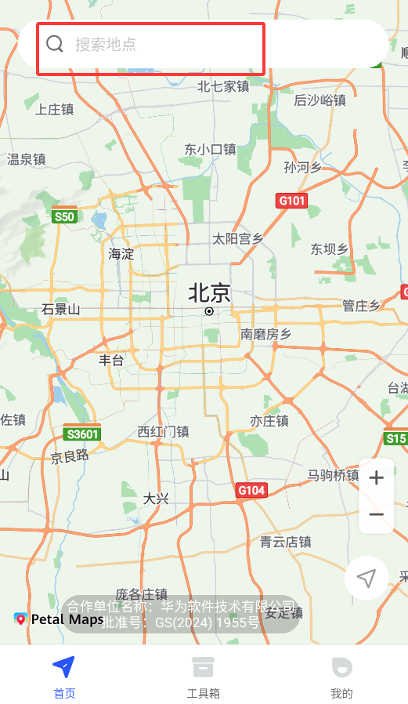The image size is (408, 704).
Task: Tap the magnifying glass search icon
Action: coord(54,44)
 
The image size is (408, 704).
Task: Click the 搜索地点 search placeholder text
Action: coord(106,45)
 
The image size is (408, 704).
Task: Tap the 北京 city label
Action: coord(209,293)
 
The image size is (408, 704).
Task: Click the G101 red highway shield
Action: coord(292,201)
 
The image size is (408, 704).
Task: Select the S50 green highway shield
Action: coord(64,216)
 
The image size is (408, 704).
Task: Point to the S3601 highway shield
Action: coord(82,433)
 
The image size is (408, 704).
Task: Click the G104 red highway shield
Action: coord(251,490)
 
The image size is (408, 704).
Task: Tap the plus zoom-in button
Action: coord(376,477)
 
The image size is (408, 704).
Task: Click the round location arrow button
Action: coord(366,579)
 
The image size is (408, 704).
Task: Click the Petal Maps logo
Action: coord(59,619)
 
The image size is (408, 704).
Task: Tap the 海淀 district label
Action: coord(121,253)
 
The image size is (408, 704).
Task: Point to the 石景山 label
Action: coord(61,309)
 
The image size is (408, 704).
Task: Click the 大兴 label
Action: coord(156,499)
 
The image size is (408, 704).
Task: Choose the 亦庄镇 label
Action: coord(269,421)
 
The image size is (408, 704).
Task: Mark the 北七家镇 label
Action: coord(223,86)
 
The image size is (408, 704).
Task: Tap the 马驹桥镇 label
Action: coord(333,475)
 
